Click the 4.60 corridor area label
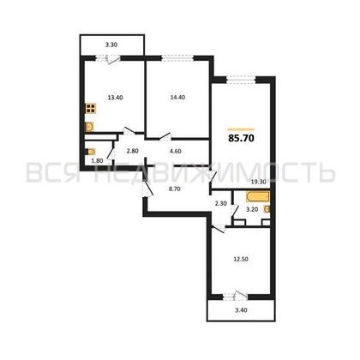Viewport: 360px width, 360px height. pyautogui.click(x=177, y=150)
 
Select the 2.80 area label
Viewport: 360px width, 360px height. pyautogui.click(x=132, y=150)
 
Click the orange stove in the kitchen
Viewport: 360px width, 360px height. pyautogui.click(x=89, y=110)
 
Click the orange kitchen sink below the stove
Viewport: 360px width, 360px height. pyautogui.click(x=89, y=127)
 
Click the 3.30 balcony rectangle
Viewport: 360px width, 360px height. pyautogui.click(x=111, y=43)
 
